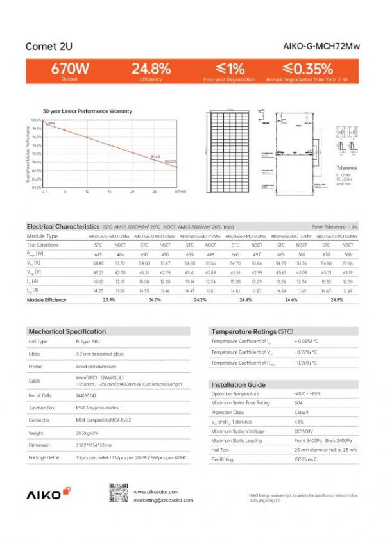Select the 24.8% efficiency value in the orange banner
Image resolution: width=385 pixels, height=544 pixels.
(x=151, y=69)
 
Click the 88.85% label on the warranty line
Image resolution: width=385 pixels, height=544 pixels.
(x=170, y=161)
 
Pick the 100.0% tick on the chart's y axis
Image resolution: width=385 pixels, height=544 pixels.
(x=35, y=120)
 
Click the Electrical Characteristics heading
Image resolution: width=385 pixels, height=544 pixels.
(x=63, y=227)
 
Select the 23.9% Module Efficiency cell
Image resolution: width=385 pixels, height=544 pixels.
(x=109, y=300)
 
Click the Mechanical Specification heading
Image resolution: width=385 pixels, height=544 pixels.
(x=67, y=331)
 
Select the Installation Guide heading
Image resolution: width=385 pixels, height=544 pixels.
(x=238, y=384)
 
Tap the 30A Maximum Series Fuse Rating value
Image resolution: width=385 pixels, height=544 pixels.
(x=298, y=403)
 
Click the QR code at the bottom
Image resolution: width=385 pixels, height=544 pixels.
(x=116, y=494)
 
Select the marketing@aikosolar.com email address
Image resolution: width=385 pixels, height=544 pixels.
(x=163, y=500)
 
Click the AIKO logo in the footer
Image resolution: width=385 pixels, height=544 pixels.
(x=44, y=495)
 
